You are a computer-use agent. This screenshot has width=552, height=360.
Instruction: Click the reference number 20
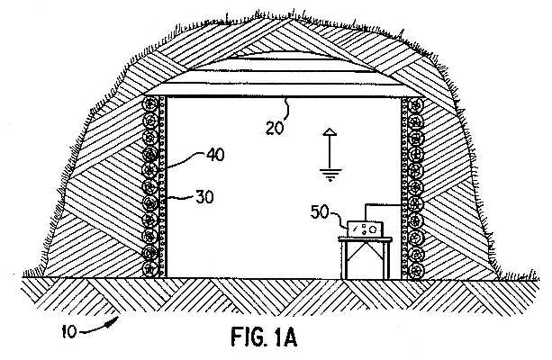pos(275,128)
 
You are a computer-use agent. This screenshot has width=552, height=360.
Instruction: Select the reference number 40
pos(215,155)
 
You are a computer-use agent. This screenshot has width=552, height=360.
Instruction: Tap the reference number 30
pos(204,197)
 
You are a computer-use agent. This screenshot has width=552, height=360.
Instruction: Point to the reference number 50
pos(320,212)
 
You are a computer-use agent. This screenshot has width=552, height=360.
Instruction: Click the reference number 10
pos(69,331)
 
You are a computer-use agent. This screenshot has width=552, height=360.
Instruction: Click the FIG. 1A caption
pos(264,337)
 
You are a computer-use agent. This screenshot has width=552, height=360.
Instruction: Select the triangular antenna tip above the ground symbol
pos(330,132)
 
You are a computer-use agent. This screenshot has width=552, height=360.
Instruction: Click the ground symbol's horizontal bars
pos(330,175)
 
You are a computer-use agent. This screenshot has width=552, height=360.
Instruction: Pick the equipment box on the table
pos(365,229)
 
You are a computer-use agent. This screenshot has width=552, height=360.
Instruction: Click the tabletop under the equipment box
pos(365,239)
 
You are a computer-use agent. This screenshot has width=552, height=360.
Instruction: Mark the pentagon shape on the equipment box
pos(373,229)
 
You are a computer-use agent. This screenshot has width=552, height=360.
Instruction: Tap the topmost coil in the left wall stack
pos(150,104)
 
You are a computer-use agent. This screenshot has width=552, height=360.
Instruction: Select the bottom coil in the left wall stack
pos(150,269)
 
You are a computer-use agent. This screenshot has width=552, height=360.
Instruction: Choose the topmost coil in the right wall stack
pos(416,105)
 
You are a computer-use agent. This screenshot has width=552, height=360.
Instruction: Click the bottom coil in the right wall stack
pos(416,271)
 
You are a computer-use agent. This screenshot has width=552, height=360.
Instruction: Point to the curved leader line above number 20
pos(287,110)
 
